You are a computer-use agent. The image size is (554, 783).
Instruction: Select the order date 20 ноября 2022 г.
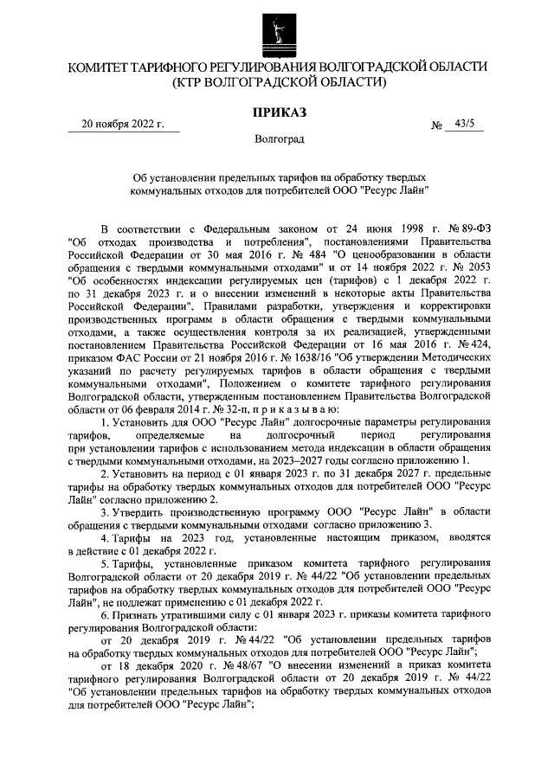122,125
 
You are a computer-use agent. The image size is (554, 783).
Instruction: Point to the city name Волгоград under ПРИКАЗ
278,139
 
